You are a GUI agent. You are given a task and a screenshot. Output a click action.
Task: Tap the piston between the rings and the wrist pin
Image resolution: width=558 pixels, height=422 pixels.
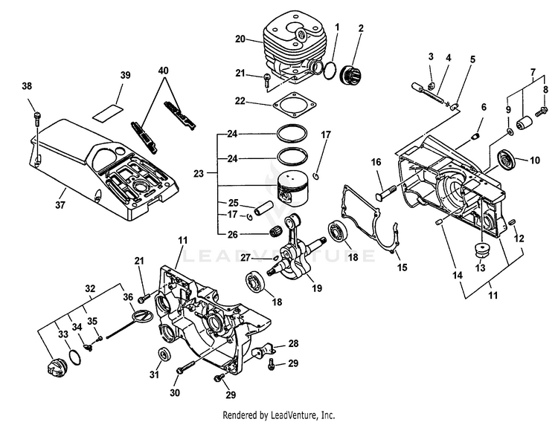point(293,188)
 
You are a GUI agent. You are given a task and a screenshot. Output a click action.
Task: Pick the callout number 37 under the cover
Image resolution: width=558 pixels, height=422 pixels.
point(60,204)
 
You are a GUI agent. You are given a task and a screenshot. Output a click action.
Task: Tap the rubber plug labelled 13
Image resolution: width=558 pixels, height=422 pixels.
point(481,250)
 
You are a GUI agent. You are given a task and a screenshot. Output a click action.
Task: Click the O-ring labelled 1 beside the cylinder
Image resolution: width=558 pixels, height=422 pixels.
point(330,70)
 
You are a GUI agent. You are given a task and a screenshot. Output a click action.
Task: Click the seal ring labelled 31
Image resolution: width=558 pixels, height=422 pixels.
point(165,354)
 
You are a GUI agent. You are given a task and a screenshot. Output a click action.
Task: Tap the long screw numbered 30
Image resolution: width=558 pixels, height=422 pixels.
point(185,367)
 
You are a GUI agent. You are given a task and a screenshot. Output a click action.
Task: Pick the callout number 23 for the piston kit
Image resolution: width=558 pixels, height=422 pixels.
point(199,174)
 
